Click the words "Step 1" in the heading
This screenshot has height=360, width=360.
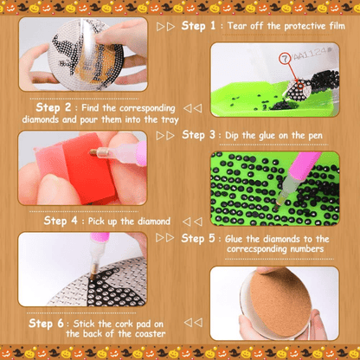click(x=198, y=26)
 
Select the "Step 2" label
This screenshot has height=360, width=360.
click(x=54, y=107)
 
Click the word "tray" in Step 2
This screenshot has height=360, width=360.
click(x=170, y=119)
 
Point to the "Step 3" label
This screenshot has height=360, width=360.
click(x=198, y=135)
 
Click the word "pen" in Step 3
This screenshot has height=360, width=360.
click(x=315, y=136)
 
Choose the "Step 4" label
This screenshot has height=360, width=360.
click(x=61, y=221)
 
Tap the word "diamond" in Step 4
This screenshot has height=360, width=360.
click(x=154, y=222)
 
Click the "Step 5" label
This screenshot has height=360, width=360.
click(x=198, y=239)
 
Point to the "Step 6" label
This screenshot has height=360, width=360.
click(x=46, y=324)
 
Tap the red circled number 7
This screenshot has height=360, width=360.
click(x=284, y=59)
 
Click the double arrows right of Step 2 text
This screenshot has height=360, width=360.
click(x=193, y=108)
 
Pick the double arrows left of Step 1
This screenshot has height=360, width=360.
click(x=165, y=27)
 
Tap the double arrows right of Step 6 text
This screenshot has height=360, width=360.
click(x=193, y=323)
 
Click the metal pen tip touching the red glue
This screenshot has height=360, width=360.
click(x=93, y=152)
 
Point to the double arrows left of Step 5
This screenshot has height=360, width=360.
click(x=165, y=238)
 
